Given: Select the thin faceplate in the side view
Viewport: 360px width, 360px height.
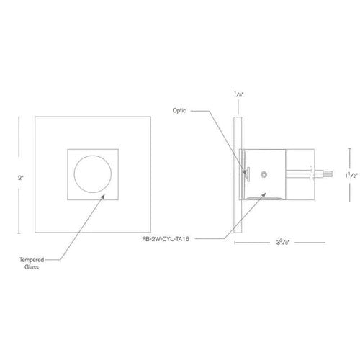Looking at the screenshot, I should click(238, 174).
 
